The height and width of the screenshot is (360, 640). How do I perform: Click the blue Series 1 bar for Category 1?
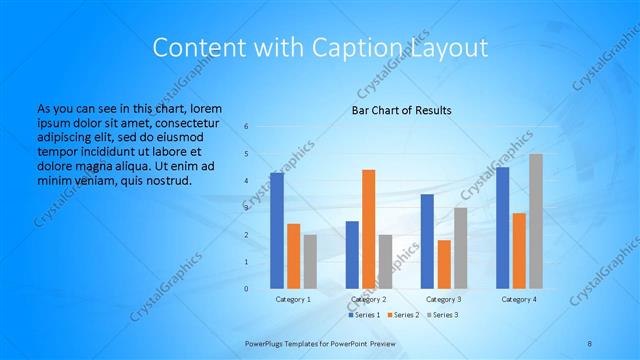click(276, 231)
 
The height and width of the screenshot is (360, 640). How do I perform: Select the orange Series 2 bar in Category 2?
click(368, 229)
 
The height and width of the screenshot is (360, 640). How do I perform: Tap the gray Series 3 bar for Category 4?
click(536, 221)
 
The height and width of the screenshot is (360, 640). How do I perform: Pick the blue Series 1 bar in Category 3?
click(427, 241)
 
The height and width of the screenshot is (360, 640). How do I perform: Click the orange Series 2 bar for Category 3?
click(444, 264)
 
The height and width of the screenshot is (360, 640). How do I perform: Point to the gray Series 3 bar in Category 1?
click(310, 261)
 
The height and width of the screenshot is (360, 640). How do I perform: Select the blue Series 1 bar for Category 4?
click(502, 228)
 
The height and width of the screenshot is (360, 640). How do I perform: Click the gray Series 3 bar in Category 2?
click(385, 261)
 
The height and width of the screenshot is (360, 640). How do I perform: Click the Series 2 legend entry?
click(403, 315)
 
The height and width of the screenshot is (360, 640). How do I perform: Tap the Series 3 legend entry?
click(443, 315)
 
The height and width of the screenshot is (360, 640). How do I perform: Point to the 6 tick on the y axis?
click(247, 127)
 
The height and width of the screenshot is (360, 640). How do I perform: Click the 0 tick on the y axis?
click(247, 289)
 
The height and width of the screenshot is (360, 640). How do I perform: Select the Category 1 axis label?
click(293, 299)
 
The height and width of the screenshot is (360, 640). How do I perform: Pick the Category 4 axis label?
click(518, 299)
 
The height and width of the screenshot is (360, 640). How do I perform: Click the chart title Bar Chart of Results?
click(401, 110)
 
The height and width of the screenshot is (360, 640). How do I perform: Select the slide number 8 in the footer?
click(590, 343)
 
